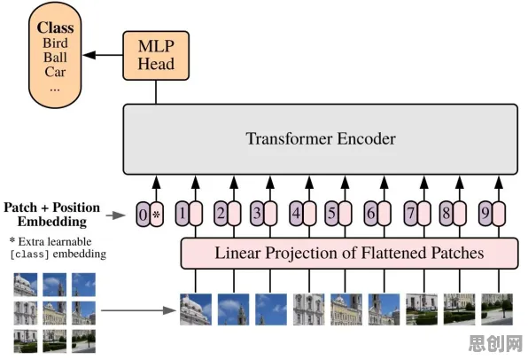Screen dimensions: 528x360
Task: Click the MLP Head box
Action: coord(156,56)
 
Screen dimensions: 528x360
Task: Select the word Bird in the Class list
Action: coord(55,43)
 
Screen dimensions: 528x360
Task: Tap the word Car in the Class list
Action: coord(55,72)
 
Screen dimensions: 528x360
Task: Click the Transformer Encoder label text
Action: coord(321,138)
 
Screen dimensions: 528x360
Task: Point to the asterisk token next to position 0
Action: coord(157,214)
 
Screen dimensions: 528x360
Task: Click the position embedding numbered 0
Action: coord(144,214)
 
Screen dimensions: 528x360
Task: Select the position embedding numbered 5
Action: coord(331,214)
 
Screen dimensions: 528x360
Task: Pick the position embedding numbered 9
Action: coord(485,214)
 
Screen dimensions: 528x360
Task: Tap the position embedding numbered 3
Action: coord(257,214)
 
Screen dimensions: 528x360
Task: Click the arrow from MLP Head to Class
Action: coord(103,55)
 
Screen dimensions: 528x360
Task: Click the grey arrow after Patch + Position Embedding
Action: coord(116,215)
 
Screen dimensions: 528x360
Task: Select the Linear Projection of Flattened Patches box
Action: coord(350,253)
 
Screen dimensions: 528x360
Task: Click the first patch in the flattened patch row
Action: coord(196,309)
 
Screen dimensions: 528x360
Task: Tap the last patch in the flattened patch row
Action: coord(497,309)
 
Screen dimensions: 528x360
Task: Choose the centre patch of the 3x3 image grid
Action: coord(55,313)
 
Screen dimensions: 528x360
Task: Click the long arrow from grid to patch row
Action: coord(139,310)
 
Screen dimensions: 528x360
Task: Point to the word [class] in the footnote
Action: coord(29,254)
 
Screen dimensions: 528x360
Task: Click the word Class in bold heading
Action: coord(55,27)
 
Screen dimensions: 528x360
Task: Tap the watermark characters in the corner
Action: coord(495,343)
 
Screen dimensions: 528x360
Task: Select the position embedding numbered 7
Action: coord(411,214)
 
